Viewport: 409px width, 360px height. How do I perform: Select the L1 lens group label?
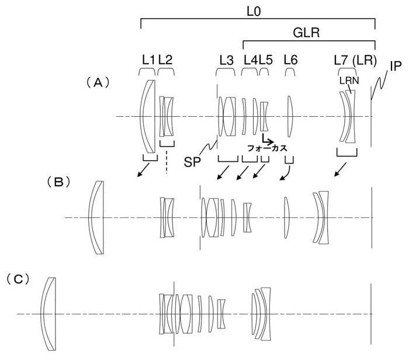148,60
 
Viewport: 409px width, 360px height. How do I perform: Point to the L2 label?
165,60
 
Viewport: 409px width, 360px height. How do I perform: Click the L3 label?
226,60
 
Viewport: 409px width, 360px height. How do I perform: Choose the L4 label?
251,60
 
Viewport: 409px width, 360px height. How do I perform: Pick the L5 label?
265,60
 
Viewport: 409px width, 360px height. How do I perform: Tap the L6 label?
290,60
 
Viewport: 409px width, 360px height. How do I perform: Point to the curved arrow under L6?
286,174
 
